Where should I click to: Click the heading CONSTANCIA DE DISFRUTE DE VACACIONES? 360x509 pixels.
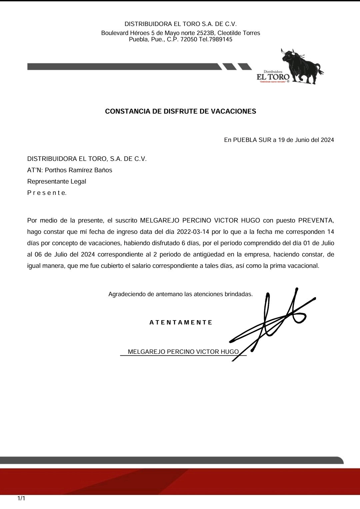point(180,112)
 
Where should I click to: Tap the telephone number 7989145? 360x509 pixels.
point(220,40)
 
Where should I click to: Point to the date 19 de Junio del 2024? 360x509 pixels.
point(306,140)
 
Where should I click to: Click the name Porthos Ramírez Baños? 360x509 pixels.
point(79,170)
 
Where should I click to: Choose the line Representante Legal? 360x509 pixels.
point(57,182)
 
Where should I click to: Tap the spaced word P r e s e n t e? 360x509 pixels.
point(47,193)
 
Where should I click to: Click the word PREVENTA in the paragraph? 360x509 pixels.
point(315,221)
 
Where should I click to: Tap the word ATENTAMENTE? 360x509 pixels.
point(181,322)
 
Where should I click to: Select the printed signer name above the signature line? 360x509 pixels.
point(183,352)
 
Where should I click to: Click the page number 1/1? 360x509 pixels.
point(21,499)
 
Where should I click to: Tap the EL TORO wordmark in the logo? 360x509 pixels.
point(273,77)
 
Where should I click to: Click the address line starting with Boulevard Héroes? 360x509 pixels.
point(180,33)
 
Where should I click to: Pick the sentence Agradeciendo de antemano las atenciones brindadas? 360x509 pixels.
point(180,294)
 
